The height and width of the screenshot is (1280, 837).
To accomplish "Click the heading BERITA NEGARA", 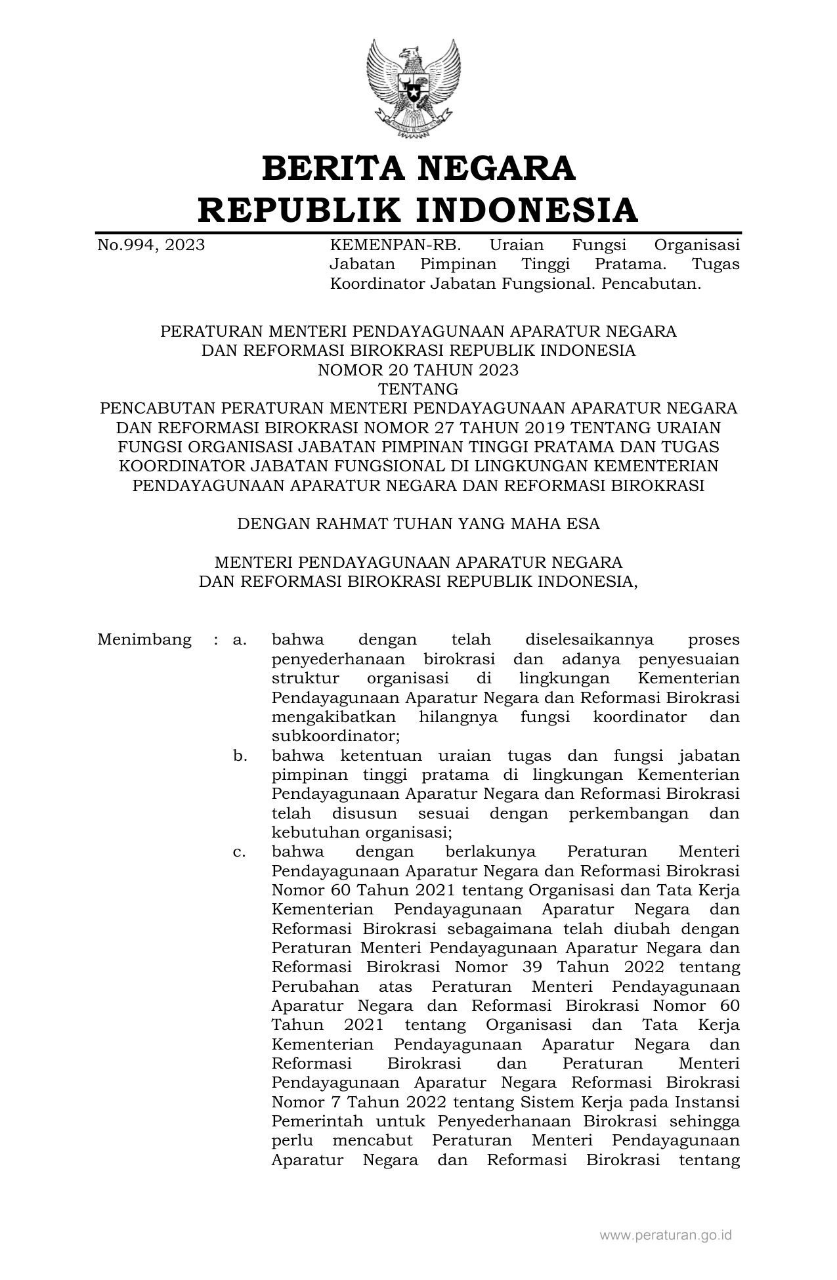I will click(418, 168).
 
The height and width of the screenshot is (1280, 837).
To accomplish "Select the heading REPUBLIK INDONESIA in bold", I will click(418, 209).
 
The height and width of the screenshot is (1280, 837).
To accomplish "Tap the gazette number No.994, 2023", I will click(151, 245).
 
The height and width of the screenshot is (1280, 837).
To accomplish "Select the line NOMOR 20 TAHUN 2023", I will click(418, 370).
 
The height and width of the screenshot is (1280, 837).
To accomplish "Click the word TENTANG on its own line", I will click(418, 389).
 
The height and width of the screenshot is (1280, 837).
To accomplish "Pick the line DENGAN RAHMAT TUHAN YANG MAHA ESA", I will click(418, 524).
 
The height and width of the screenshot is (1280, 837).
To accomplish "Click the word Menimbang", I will click(144, 639).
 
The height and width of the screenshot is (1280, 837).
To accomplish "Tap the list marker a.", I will click(240, 639).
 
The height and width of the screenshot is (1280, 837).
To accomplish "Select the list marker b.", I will click(240, 756).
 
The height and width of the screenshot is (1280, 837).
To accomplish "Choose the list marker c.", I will click(240, 852).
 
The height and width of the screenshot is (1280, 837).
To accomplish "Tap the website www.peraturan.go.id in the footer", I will click(666, 1235).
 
